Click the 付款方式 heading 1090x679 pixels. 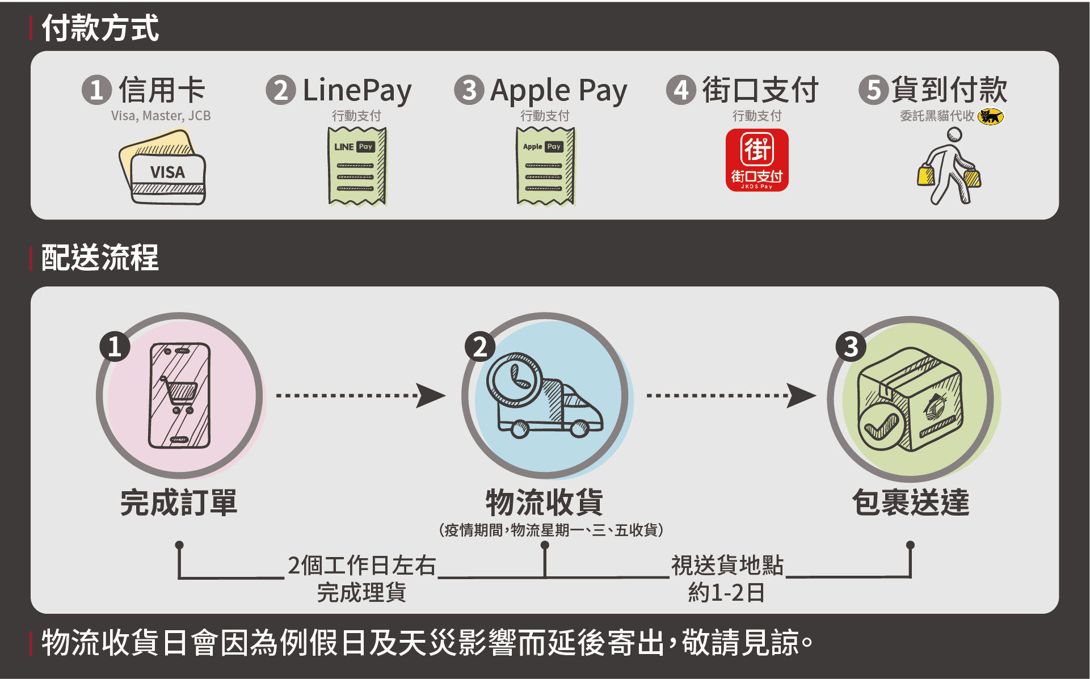tap(100, 28)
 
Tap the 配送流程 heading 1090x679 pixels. tap(100, 258)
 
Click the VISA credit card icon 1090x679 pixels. tap(163, 168)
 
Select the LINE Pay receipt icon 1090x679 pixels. tap(357, 166)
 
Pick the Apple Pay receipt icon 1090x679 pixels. tap(545, 166)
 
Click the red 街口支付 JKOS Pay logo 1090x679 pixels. tap(757, 160)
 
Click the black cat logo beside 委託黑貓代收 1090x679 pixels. tap(991, 116)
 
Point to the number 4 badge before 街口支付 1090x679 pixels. tap(681, 90)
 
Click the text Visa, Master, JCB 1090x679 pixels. tap(161, 116)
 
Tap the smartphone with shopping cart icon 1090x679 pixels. tap(179, 395)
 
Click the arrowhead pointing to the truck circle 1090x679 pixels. tap(431, 395)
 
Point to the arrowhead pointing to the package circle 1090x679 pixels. tap(802, 395)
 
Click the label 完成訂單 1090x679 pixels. tap(179, 503)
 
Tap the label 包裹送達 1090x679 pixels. tap(911, 503)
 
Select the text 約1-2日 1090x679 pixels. tap(726, 593)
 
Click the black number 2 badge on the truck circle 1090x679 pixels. tap(480, 347)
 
